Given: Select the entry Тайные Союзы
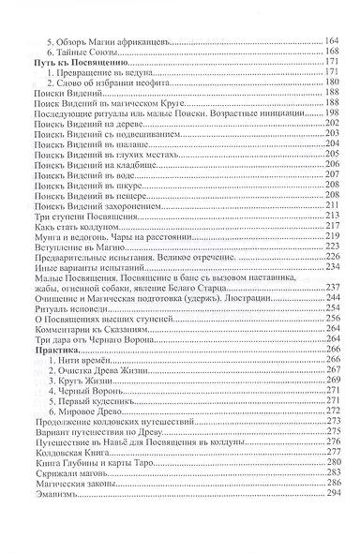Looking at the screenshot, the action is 91,52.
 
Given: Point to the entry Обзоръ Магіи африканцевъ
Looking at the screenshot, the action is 114,42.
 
